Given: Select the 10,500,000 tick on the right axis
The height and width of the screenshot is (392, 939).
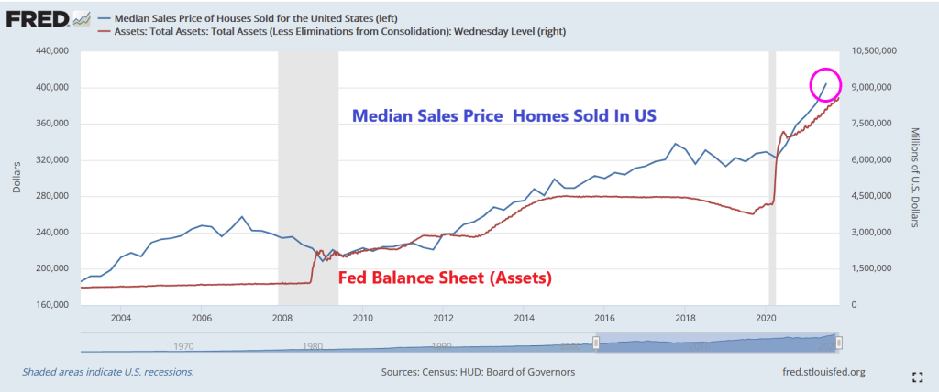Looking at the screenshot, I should point(878,52).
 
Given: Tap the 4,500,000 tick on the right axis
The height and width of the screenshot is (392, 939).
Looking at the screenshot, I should point(875,196).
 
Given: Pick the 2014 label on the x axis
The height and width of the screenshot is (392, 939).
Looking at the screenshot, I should point(524,318).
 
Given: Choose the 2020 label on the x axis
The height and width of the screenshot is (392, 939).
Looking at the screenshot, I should point(766,318).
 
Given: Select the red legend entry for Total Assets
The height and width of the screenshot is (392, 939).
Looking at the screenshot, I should point(339,31).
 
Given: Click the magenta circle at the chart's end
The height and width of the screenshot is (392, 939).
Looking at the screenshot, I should point(825,85).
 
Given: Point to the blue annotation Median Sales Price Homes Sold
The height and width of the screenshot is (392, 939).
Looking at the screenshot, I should point(505,116).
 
